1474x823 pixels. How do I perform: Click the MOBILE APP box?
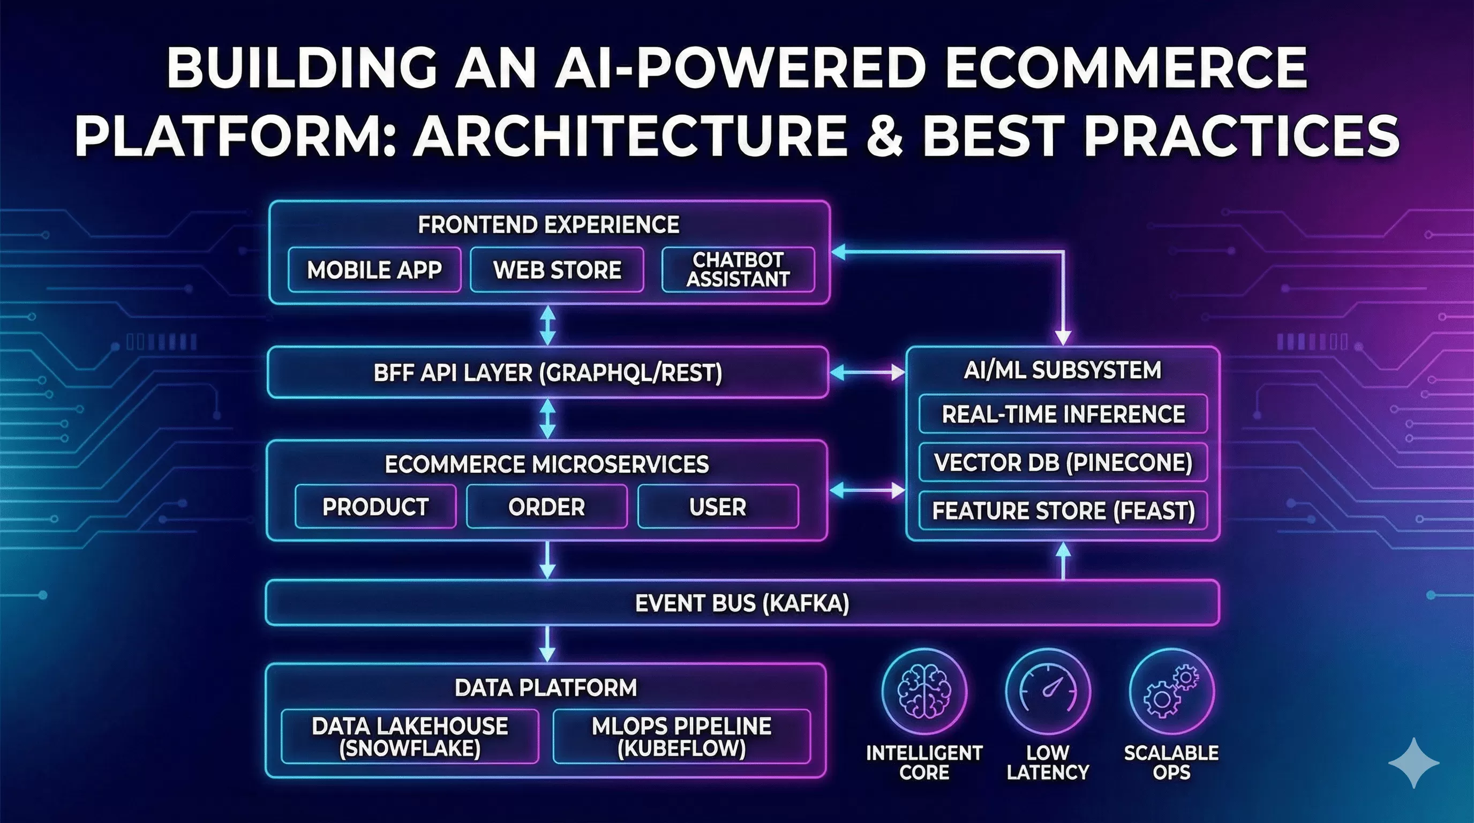click(x=374, y=270)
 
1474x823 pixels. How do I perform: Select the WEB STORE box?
click(x=556, y=270)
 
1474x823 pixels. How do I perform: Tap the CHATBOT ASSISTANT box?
click(x=738, y=270)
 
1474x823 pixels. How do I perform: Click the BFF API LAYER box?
click(x=547, y=372)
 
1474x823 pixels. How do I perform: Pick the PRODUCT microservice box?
click(x=375, y=506)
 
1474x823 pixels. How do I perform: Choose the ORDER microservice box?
click(x=546, y=506)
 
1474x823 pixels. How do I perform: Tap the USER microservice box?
click(x=718, y=506)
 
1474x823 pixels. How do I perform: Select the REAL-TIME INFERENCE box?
click(x=1063, y=414)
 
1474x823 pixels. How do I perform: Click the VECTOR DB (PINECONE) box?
click(x=1063, y=462)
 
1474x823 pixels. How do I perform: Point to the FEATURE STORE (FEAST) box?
click(x=1063, y=510)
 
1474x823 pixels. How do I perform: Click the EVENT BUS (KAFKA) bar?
click(x=742, y=603)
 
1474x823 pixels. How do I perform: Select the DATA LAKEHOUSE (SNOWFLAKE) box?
click(x=410, y=737)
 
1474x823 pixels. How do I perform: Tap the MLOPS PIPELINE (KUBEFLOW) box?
click(x=681, y=737)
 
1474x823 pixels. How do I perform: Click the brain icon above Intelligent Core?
click(x=924, y=691)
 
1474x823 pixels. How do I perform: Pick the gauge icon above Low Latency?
click(x=1048, y=691)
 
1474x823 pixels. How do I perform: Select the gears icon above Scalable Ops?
click(x=1171, y=691)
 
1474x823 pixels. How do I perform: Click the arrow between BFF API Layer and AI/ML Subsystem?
click(x=867, y=373)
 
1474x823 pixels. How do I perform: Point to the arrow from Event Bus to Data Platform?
click(x=547, y=644)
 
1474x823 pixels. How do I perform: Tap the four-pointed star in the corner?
click(x=1414, y=763)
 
